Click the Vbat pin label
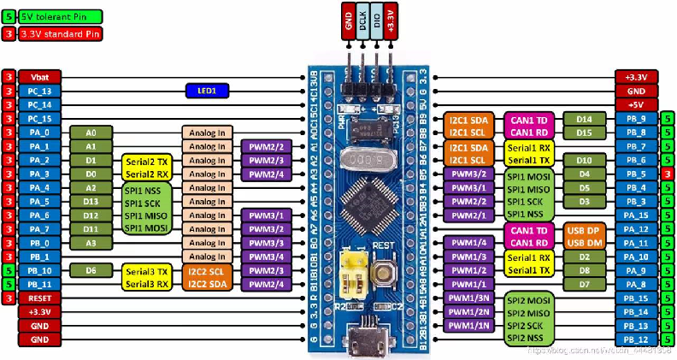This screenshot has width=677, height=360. [39, 76]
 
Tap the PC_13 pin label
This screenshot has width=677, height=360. [39, 90]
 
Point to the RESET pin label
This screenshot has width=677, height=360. [39, 298]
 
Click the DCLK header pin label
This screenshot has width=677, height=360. [363, 21]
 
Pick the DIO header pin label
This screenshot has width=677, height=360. [377, 21]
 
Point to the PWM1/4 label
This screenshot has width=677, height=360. [468, 243]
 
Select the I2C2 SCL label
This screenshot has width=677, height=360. [206, 270]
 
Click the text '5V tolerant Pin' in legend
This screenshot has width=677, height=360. [58, 15]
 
